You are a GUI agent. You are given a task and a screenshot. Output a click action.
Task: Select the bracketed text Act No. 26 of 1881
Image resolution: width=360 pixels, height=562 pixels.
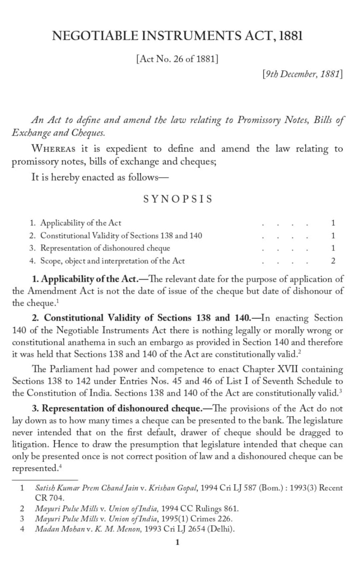[177, 59]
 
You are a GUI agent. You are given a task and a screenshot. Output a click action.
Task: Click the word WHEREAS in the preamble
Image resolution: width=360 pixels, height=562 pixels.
[53, 149]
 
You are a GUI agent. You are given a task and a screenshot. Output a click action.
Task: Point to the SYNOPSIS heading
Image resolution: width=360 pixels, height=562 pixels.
[178, 199]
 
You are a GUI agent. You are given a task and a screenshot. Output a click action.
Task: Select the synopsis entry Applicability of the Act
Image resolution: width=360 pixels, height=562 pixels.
[81, 223]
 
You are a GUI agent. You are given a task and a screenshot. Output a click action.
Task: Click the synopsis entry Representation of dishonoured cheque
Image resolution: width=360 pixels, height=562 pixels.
[105, 248]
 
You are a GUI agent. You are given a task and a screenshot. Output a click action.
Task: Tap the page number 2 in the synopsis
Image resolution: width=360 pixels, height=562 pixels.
[333, 261]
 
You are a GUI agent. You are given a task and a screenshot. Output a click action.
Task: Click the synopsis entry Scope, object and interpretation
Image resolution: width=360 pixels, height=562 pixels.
[112, 261]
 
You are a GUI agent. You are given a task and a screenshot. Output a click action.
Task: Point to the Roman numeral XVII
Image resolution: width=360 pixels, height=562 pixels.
[288, 369]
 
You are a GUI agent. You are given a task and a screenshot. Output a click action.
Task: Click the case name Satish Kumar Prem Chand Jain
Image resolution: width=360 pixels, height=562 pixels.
[86, 488]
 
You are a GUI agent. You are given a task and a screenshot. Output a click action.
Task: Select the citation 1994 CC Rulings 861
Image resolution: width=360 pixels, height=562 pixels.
[200, 509]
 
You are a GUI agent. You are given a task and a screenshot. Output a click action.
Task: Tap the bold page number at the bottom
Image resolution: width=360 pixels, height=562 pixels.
[177, 543]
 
